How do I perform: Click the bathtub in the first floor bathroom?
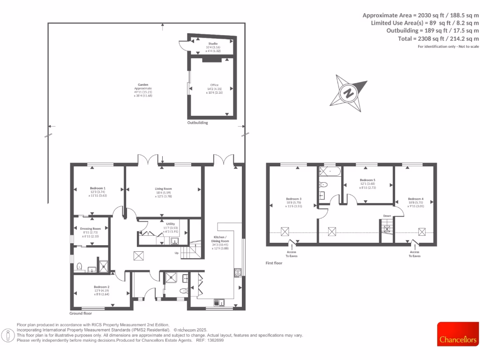331,172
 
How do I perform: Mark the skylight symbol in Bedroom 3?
285,231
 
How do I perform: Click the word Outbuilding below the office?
198,123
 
